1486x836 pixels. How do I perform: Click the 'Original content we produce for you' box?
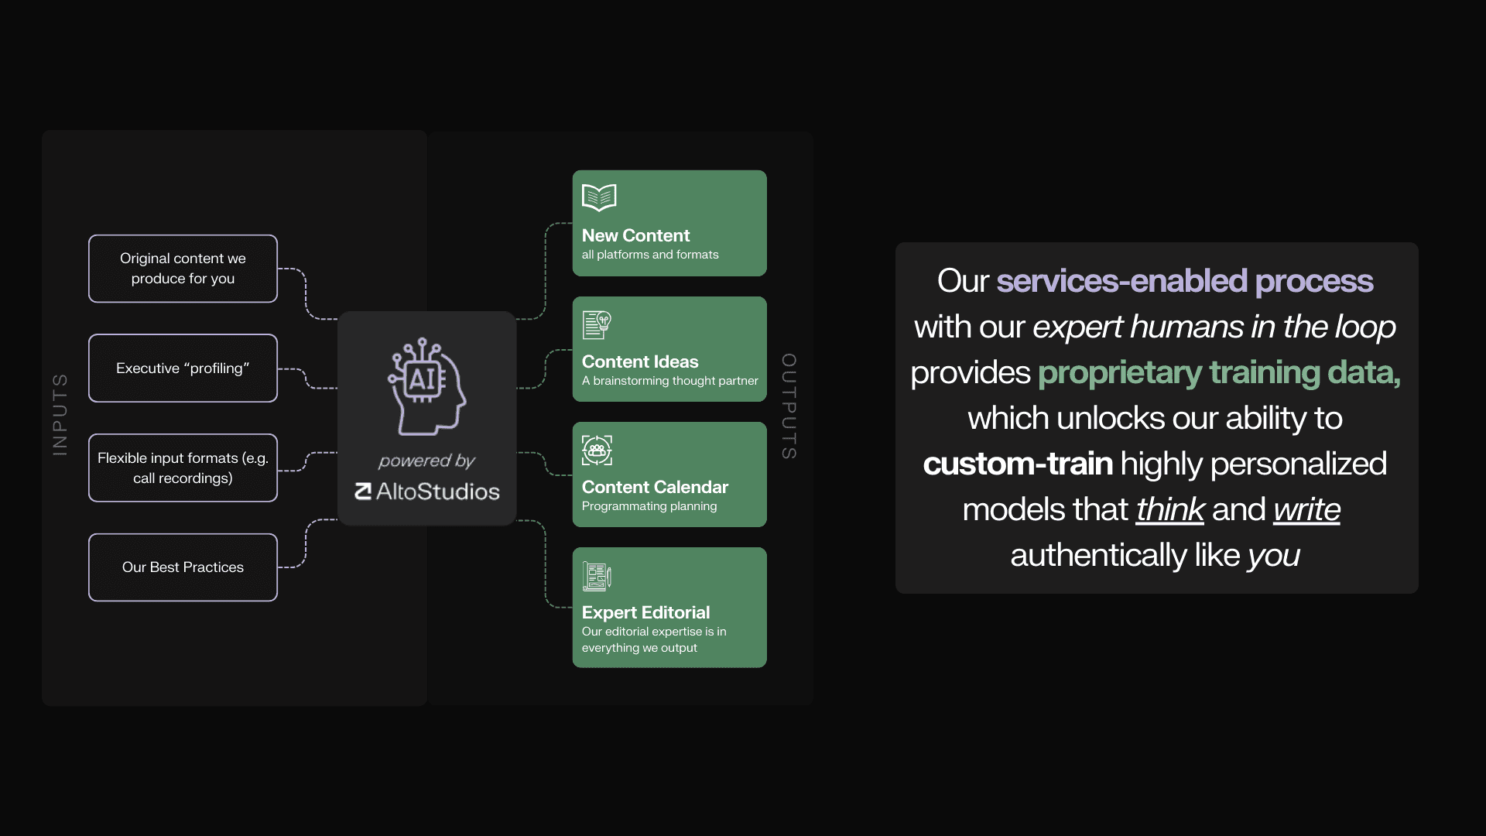click(x=183, y=269)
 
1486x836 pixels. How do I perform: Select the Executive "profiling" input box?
click(x=183, y=368)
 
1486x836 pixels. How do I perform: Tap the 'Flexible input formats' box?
click(x=183, y=468)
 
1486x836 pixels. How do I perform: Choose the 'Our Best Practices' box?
click(x=183, y=567)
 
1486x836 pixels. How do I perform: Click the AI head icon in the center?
click(x=426, y=385)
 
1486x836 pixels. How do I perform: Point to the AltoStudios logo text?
click(x=427, y=492)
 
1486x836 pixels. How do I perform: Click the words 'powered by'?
click(x=426, y=461)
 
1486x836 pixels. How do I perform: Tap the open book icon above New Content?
click(x=599, y=197)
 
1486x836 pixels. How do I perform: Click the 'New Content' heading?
click(x=635, y=235)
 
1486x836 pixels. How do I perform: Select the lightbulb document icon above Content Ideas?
click(x=597, y=325)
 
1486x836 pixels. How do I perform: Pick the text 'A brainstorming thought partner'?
click(x=669, y=381)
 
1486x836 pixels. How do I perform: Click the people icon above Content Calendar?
click(x=597, y=451)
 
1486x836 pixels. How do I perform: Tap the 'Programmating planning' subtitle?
click(x=649, y=506)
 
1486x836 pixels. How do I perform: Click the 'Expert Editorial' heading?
click(x=645, y=612)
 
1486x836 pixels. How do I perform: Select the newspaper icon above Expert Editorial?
click(x=597, y=576)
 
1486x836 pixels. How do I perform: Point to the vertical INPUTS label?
click(x=60, y=414)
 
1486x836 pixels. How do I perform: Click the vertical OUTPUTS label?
click(x=789, y=406)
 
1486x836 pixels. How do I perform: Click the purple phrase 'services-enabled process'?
click(x=1184, y=281)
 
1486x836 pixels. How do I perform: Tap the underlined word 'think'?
click(x=1169, y=509)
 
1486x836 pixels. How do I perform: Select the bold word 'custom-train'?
click(x=1018, y=464)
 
